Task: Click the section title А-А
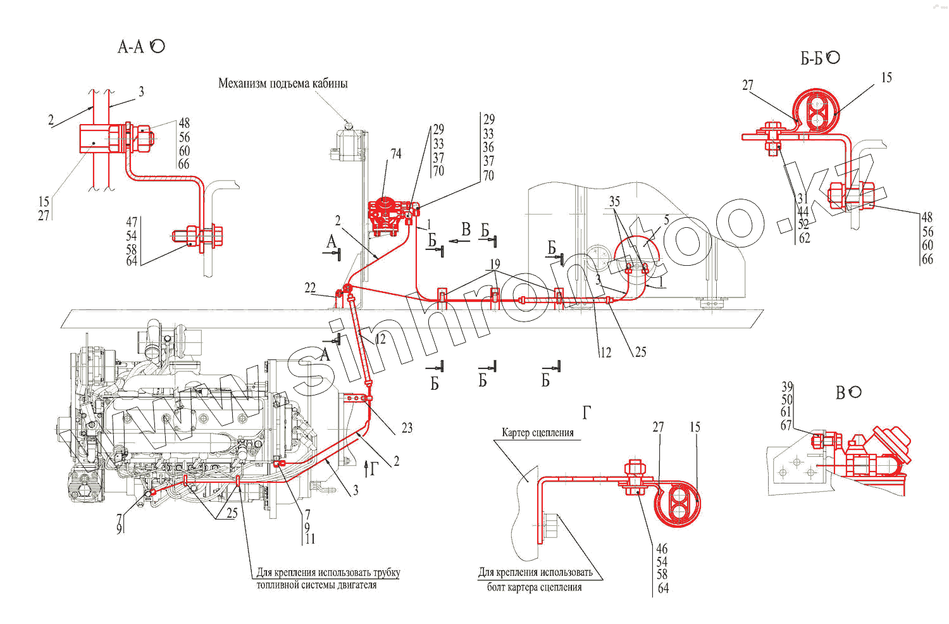(131, 47)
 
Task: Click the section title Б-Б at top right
(811, 59)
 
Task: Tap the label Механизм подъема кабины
(283, 84)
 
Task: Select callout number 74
(396, 154)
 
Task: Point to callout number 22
(310, 288)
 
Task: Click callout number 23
(407, 428)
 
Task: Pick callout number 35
(614, 202)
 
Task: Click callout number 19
(495, 264)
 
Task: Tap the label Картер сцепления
(538, 433)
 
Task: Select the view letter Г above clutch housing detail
(586, 413)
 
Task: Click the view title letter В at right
(840, 393)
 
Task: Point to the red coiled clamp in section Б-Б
(816, 112)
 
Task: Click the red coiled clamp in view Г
(677, 504)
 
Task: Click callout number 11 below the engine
(309, 539)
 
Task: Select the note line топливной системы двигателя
(316, 585)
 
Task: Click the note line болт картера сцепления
(534, 587)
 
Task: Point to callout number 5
(666, 220)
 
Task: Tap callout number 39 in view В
(787, 387)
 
